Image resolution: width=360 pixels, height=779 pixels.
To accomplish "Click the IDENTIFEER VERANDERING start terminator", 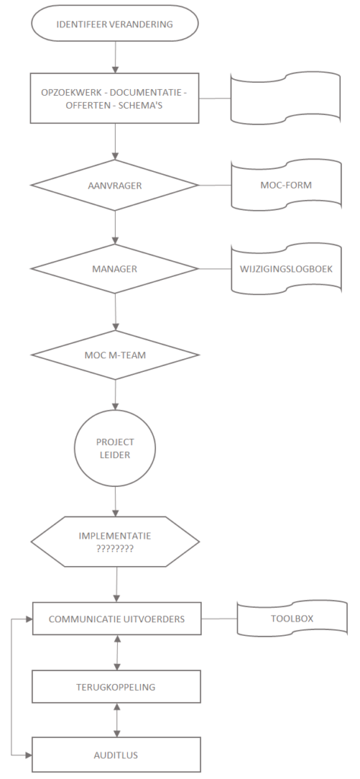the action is (x=115, y=24).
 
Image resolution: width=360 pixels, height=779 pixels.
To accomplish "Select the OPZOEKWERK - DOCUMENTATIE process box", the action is (x=114, y=98).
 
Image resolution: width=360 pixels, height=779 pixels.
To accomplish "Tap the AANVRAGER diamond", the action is (x=115, y=186).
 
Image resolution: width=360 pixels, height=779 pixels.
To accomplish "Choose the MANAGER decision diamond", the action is (x=115, y=269).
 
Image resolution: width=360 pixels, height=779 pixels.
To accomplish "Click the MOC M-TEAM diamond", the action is (x=115, y=355).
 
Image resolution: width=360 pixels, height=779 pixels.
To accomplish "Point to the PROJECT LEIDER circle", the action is (x=115, y=447).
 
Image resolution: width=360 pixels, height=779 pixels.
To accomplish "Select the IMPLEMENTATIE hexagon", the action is (x=115, y=542).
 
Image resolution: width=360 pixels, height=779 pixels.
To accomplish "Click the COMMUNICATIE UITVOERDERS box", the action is (x=117, y=618).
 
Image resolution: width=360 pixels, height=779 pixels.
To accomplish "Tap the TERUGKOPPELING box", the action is (x=117, y=687).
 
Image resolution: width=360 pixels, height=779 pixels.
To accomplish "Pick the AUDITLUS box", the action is (x=117, y=755).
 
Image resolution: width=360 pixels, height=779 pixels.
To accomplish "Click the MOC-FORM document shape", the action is (x=286, y=185).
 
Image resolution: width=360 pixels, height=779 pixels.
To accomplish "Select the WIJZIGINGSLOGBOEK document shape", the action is (x=286, y=269).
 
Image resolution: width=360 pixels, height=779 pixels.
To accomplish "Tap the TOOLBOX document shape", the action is (x=292, y=618).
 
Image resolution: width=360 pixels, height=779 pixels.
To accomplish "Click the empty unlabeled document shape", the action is (x=286, y=98).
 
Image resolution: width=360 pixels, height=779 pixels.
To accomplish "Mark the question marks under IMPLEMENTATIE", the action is (x=115, y=550).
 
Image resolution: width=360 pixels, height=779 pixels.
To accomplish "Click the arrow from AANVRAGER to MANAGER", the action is (x=116, y=227).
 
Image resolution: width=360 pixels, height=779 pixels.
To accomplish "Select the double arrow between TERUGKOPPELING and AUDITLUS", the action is (x=117, y=720).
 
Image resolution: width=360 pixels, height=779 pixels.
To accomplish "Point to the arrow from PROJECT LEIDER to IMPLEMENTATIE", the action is (x=116, y=501).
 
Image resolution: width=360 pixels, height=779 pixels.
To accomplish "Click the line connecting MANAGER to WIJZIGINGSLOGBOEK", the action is (x=215, y=269).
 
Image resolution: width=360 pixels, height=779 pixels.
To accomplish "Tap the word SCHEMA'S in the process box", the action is (x=144, y=105).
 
